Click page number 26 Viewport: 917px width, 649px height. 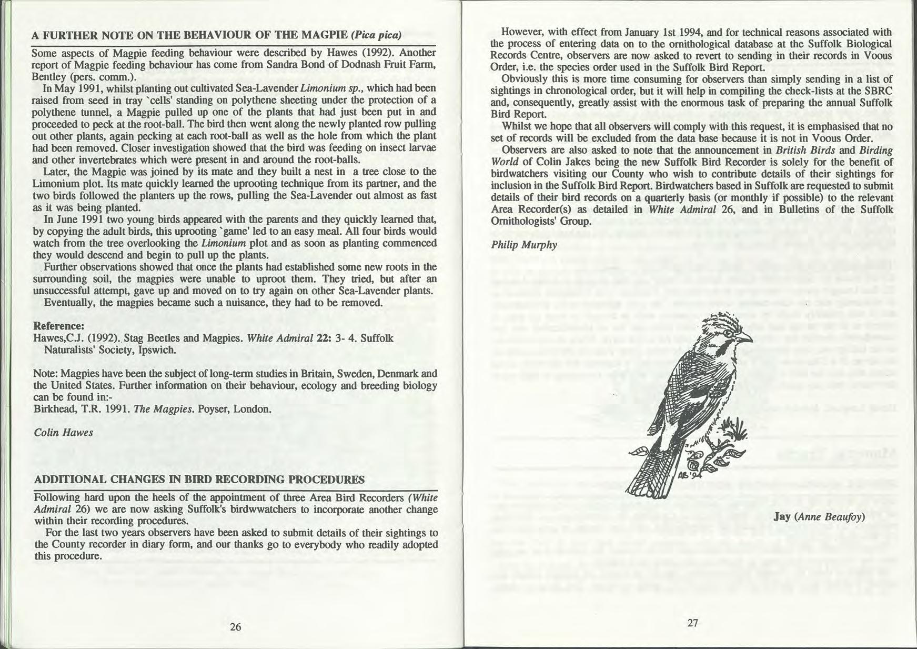pos(235,627)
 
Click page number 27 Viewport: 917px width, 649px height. pos(692,623)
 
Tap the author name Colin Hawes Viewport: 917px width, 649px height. pos(63,432)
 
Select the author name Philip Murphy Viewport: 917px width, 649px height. pos(524,245)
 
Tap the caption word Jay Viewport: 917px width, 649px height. pos(782,516)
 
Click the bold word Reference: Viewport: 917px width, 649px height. pos(58,326)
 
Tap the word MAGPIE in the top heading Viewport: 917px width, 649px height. pos(324,36)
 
